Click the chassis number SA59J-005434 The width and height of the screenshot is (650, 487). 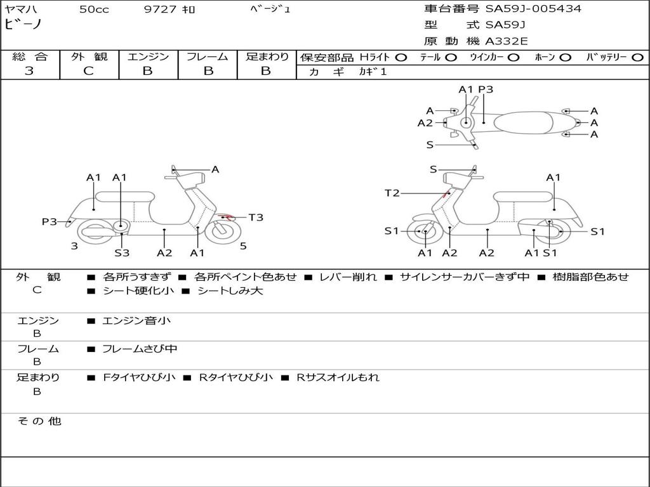(533, 8)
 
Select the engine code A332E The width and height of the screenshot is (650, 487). (506, 41)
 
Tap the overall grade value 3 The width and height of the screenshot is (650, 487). (29, 71)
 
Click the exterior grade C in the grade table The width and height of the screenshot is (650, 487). (88, 71)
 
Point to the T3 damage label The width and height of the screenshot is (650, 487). (256, 218)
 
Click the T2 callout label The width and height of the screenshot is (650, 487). (392, 193)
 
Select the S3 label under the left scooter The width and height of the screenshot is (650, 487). (122, 252)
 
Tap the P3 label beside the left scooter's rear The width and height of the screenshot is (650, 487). (50, 221)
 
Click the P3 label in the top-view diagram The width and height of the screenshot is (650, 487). (486, 89)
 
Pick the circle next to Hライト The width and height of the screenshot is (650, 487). (401, 58)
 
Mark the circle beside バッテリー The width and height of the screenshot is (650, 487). (637, 58)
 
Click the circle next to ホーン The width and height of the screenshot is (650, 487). (565, 58)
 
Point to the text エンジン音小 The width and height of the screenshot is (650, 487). (136, 320)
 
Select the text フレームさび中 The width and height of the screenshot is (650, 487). (140, 349)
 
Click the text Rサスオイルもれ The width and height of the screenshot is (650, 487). (338, 377)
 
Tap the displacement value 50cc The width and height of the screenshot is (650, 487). (94, 9)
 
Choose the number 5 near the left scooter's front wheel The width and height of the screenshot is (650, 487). (243, 246)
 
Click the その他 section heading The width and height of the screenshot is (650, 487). (39, 421)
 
